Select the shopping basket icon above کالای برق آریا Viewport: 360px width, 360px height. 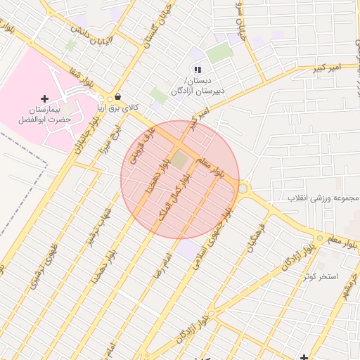pyautogui.click(x=117, y=97)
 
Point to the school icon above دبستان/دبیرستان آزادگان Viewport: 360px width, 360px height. pyautogui.click(x=198, y=69)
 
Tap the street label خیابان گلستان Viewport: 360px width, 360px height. pyautogui.click(x=146, y=28)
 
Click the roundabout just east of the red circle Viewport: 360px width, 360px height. pyautogui.click(x=243, y=188)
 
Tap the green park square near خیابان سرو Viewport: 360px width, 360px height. pyautogui.click(x=219, y=53)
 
